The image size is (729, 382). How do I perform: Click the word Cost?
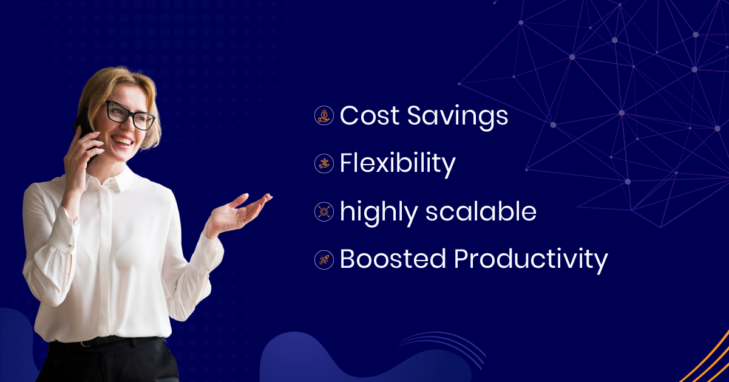pyautogui.click(x=368, y=115)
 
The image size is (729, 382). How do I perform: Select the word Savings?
pyautogui.click(x=457, y=116)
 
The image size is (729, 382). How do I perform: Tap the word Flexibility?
pyautogui.click(x=398, y=163)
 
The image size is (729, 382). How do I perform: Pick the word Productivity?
pyautogui.click(x=531, y=260)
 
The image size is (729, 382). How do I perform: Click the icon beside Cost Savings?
pyautogui.click(x=325, y=115)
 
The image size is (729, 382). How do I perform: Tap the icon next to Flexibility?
pyautogui.click(x=325, y=163)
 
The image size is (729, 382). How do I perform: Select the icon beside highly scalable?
pyautogui.click(x=325, y=211)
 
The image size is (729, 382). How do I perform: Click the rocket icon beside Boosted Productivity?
pyautogui.click(x=325, y=260)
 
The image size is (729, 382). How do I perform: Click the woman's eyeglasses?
pyautogui.click(x=129, y=115)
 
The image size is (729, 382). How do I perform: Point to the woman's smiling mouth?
pyautogui.click(x=123, y=141)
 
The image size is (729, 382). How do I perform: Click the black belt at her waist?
pyautogui.click(x=100, y=342)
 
